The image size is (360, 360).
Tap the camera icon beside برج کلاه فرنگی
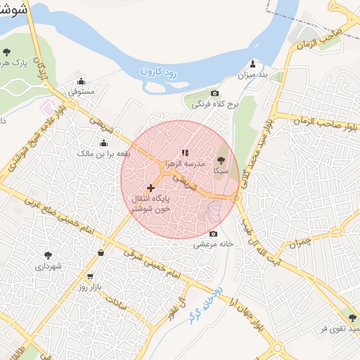(214, 94)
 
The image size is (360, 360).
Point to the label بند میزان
(254, 74)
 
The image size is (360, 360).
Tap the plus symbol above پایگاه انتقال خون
(150, 188)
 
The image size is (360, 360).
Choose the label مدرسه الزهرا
(185, 162)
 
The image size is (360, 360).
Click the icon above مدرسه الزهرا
(185, 152)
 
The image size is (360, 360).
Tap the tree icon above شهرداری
(48, 256)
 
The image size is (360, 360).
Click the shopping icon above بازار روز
(89, 277)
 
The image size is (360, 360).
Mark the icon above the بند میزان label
(252, 63)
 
